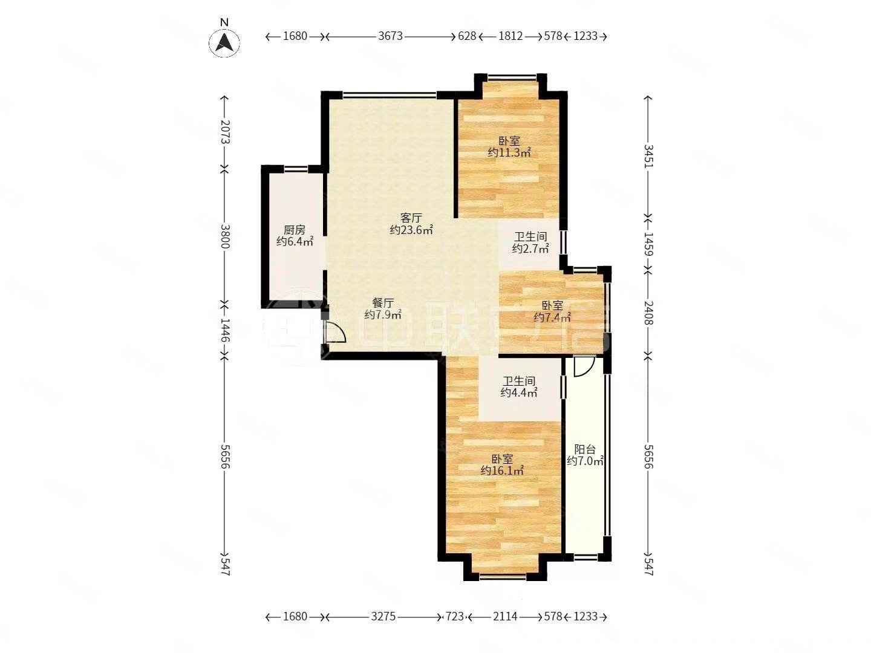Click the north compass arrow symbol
click(x=224, y=42)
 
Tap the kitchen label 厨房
click(x=295, y=230)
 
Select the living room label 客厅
click(x=411, y=218)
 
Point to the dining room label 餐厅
click(x=383, y=303)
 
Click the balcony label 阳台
click(x=586, y=449)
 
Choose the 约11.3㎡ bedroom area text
click(x=509, y=152)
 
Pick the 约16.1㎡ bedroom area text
click(x=502, y=470)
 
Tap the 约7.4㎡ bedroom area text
click(x=552, y=317)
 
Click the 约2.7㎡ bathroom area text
click(x=530, y=249)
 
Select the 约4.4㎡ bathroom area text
click(x=519, y=392)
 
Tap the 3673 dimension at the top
click(x=390, y=36)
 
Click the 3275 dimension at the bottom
click(x=383, y=617)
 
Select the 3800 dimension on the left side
click(x=225, y=236)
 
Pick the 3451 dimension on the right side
click(x=647, y=156)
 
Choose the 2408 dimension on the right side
click(x=647, y=313)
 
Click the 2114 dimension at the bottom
click(x=505, y=617)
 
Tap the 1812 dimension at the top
click(x=511, y=36)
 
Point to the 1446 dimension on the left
click(x=225, y=330)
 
